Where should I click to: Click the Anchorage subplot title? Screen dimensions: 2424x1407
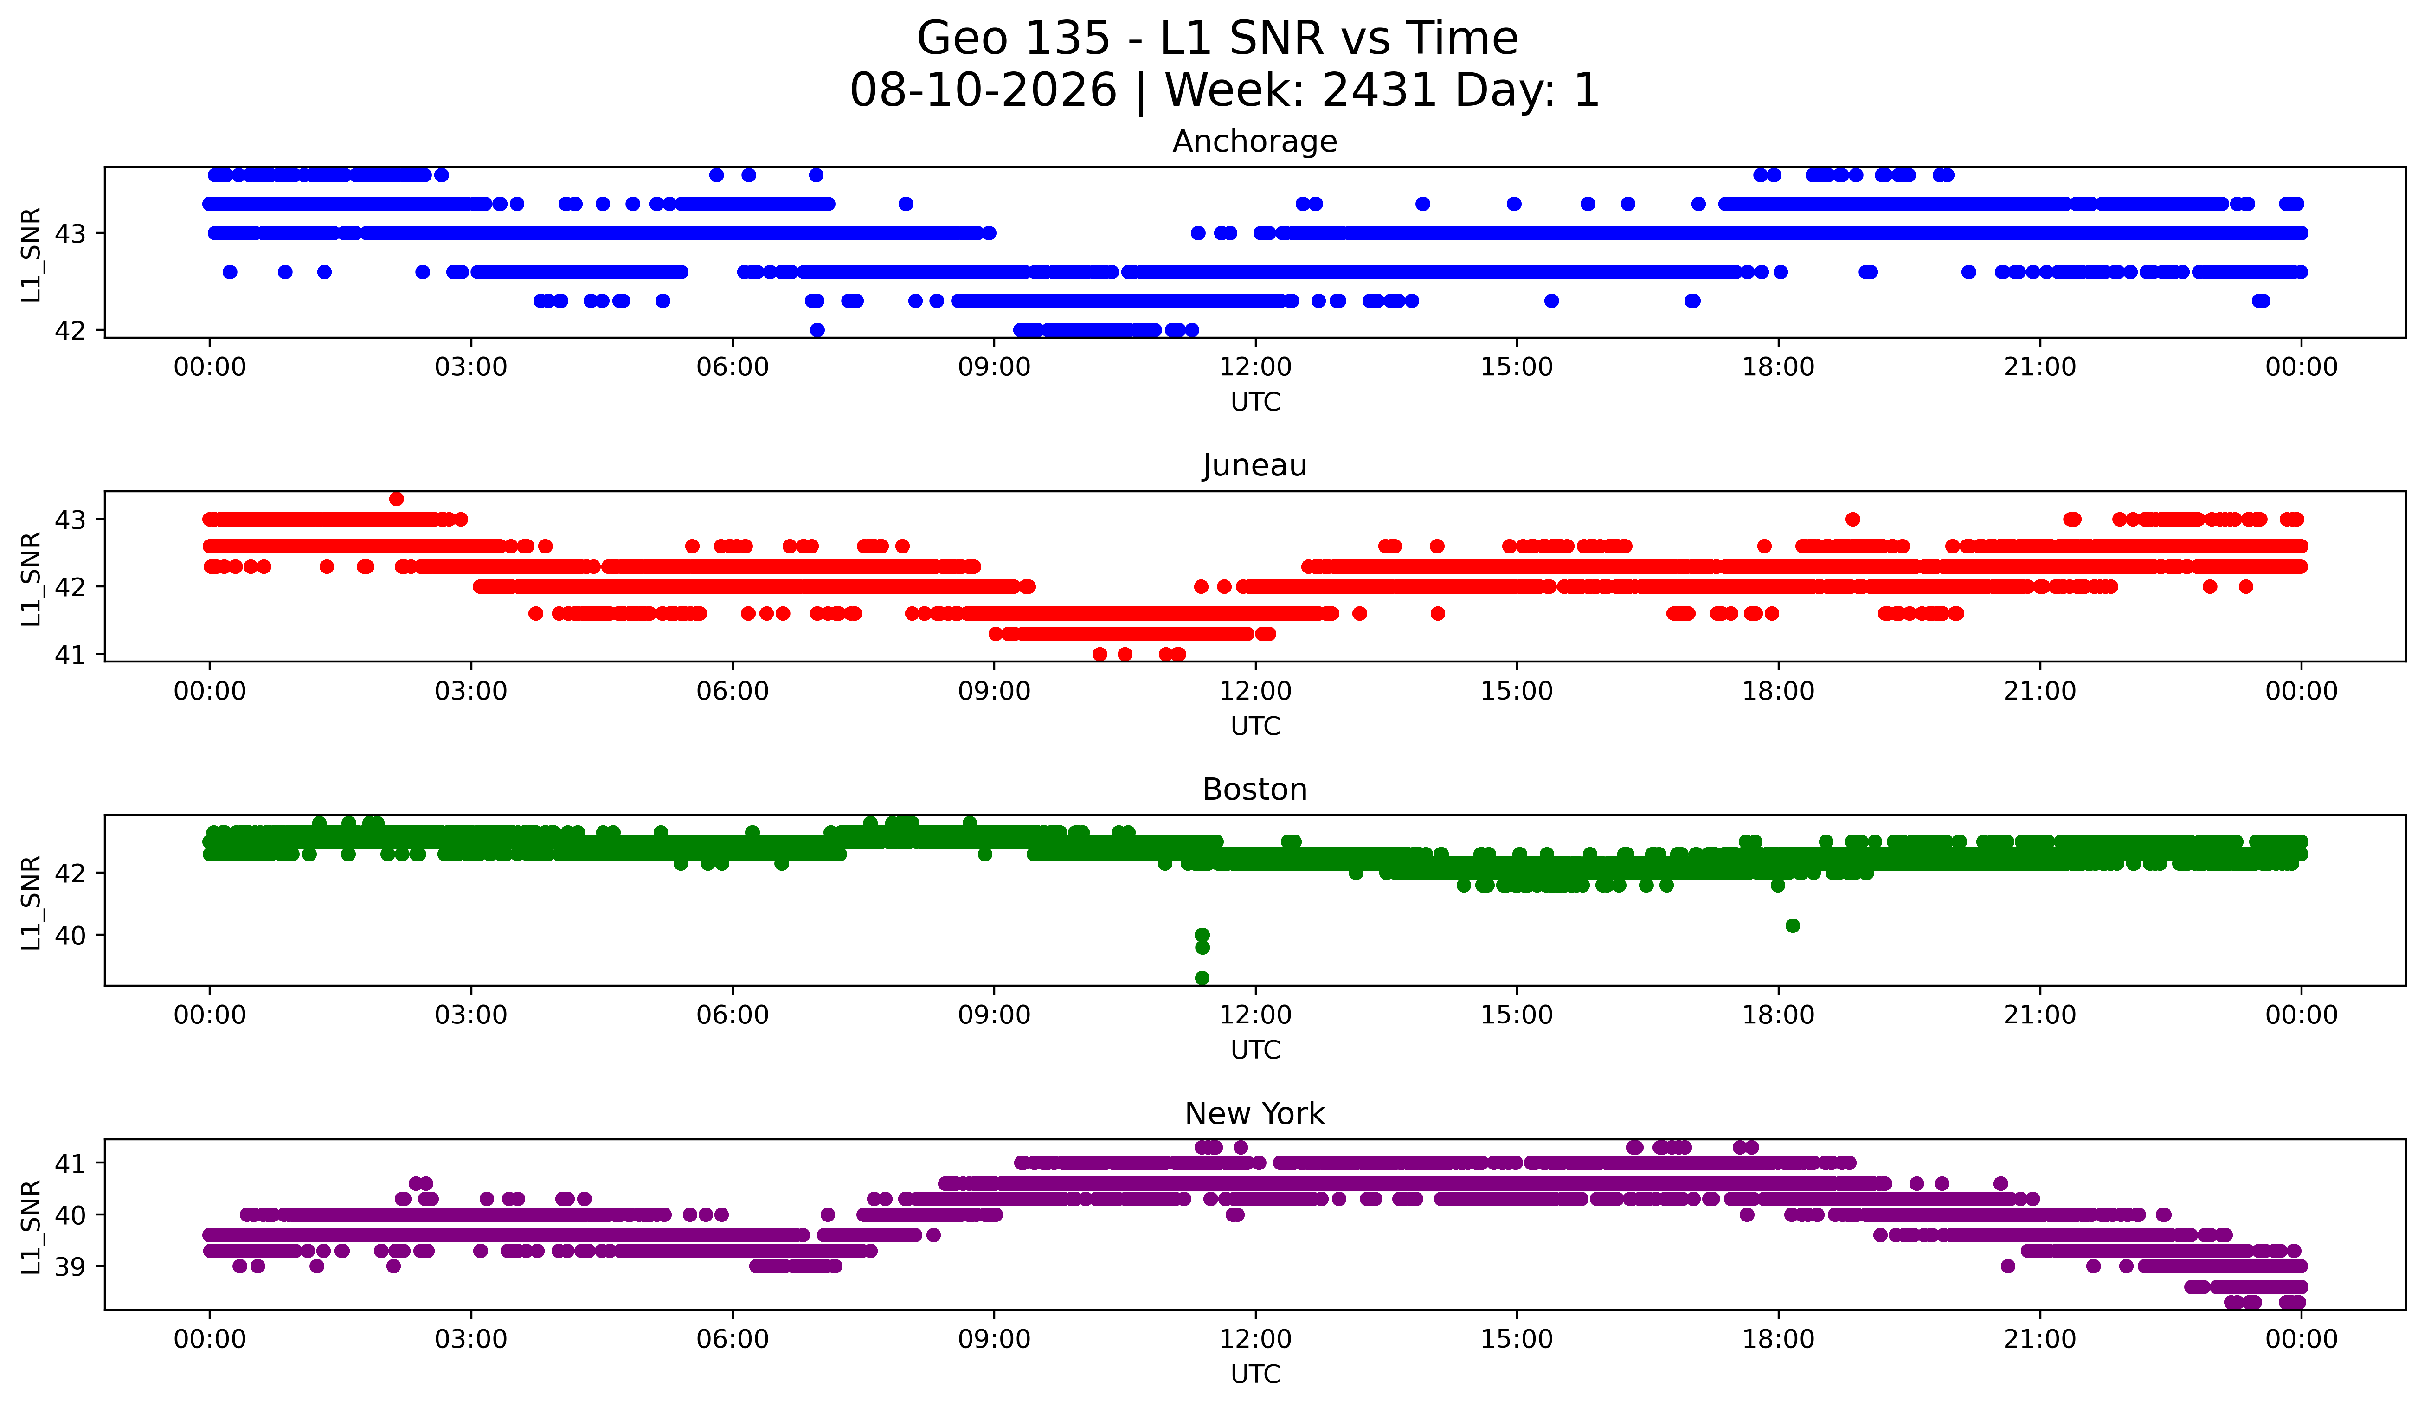point(1254,141)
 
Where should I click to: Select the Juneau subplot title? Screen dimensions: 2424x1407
point(1254,465)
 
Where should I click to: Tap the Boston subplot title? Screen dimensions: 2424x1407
point(1254,790)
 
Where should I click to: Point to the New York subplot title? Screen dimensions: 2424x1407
point(1254,1114)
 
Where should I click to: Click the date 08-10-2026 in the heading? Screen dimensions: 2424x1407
point(983,90)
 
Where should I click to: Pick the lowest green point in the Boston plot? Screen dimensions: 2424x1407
point(1202,978)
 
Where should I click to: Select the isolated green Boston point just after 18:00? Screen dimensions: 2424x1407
point(1792,925)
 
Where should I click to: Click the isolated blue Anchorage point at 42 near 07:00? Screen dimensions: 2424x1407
point(817,330)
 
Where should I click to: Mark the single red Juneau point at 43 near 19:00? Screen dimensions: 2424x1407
point(1852,519)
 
